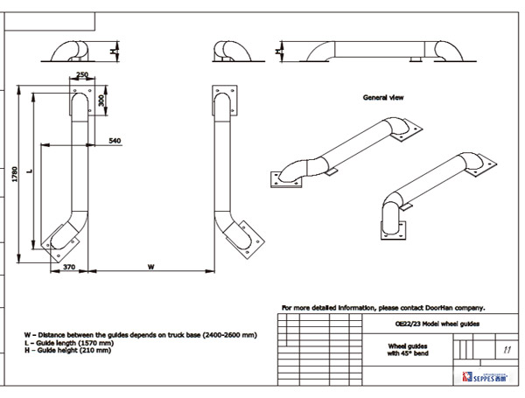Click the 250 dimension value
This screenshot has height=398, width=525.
(x=81, y=75)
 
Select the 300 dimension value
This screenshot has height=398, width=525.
(x=101, y=100)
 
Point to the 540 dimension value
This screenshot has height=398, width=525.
(x=115, y=140)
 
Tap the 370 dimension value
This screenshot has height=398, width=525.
(x=69, y=268)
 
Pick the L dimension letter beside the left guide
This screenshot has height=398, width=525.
(x=30, y=170)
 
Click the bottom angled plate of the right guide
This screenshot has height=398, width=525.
(x=244, y=236)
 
